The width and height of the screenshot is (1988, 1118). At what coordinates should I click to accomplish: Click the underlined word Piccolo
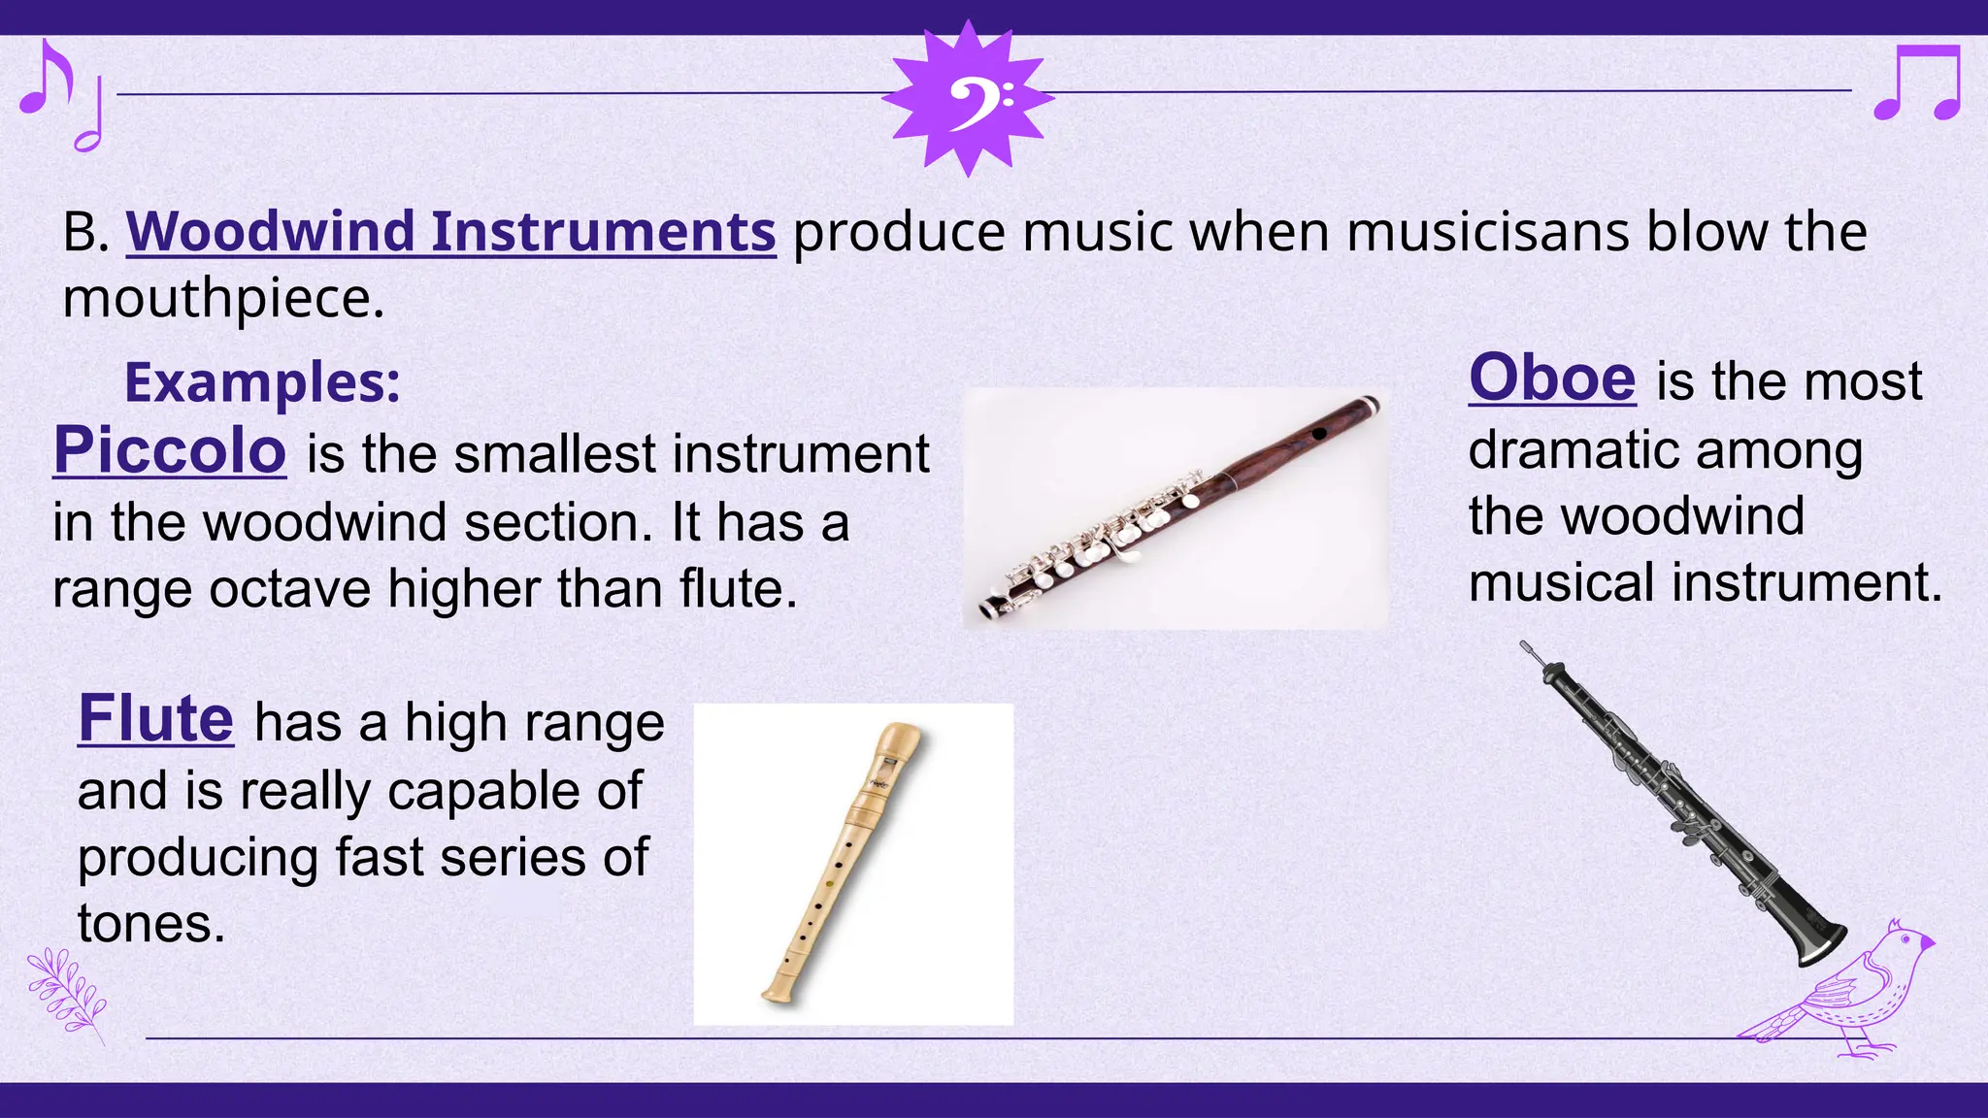[170, 451]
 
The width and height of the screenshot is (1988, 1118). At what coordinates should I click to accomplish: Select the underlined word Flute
[155, 719]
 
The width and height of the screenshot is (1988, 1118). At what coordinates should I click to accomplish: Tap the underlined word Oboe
[1552, 378]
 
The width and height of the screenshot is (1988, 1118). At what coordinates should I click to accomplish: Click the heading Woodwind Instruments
[450, 232]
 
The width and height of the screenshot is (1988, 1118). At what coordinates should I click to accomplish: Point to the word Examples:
[262, 382]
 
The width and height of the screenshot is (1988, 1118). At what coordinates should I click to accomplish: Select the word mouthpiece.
[223, 298]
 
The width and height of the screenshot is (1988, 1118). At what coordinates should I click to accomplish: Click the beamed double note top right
[1917, 83]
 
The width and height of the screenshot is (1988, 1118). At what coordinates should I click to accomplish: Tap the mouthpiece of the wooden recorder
[901, 740]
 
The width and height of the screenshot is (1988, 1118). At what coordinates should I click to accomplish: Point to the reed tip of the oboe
[1527, 647]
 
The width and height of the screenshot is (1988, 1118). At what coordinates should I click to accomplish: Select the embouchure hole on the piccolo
[1319, 433]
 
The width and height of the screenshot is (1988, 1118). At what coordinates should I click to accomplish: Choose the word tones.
[150, 923]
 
